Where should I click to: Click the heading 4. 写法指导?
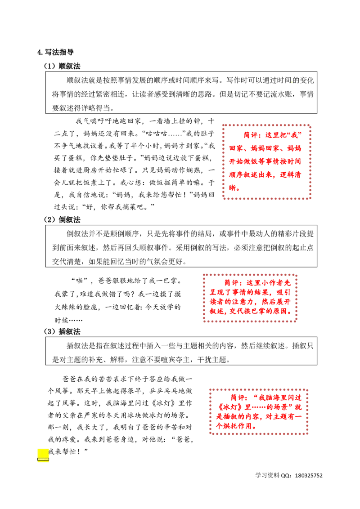point(55,52)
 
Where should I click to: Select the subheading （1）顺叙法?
point(62,66)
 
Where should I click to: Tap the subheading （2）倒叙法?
point(62,220)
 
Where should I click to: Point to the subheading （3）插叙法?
point(62,331)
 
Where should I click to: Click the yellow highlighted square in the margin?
point(43,455)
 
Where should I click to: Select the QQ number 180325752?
point(309,476)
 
